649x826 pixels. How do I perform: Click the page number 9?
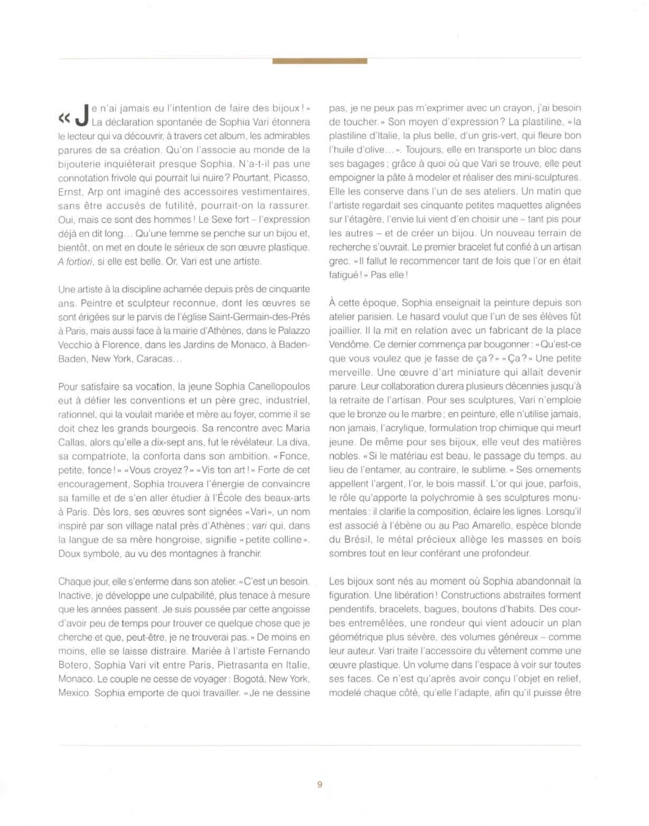click(319, 784)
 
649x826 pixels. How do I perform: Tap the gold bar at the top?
click(319, 61)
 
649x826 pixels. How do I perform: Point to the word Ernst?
click(70, 192)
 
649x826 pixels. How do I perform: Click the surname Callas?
click(73, 442)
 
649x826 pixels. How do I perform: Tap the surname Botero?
click(74, 665)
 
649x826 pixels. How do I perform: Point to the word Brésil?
click(357, 540)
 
